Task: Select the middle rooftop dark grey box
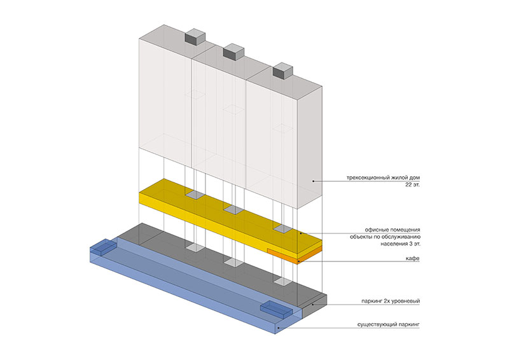(x=233, y=52)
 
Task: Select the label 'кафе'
(x=412, y=259)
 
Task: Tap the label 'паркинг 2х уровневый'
(x=390, y=300)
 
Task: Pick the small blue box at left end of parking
(x=102, y=249)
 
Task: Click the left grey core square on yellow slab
(x=195, y=194)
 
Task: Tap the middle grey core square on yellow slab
(x=233, y=210)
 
